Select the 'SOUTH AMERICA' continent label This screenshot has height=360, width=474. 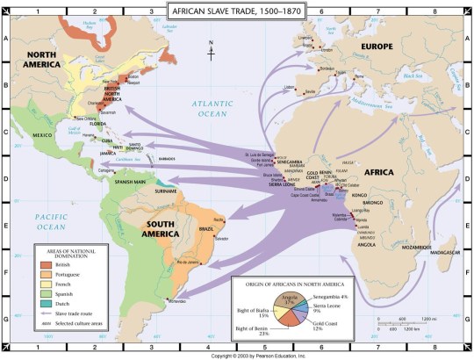coord(165,229)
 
